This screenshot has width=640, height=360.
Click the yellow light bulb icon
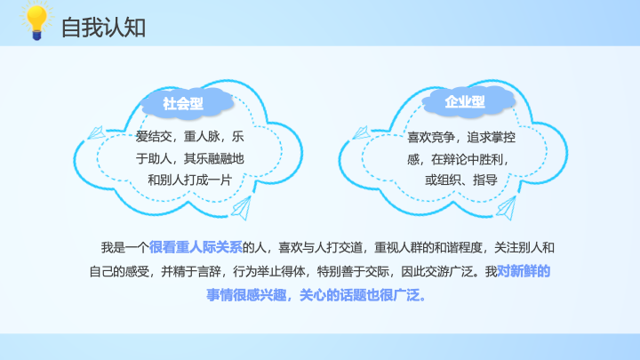point(36,21)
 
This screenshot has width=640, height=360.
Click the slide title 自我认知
point(103,28)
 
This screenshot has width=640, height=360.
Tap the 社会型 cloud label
point(183,104)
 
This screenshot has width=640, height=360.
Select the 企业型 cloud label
point(465,101)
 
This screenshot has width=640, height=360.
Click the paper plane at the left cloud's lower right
point(242,208)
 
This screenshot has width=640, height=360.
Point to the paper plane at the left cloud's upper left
point(96,132)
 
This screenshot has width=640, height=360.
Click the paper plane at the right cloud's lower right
point(507,208)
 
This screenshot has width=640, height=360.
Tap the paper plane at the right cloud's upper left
point(361,132)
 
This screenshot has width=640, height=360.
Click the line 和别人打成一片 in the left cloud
point(190,180)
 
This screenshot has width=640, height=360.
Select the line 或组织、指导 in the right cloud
point(461,180)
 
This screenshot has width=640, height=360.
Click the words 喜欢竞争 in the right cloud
point(431,138)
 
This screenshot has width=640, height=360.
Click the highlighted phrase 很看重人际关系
point(196,247)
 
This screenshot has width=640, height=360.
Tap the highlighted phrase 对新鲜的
point(524,271)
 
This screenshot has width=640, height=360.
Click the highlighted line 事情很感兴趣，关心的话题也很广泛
point(316,295)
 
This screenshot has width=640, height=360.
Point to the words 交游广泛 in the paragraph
point(450,271)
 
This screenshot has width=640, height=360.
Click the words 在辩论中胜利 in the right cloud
point(467,159)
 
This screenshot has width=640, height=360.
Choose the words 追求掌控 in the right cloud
point(491,138)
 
